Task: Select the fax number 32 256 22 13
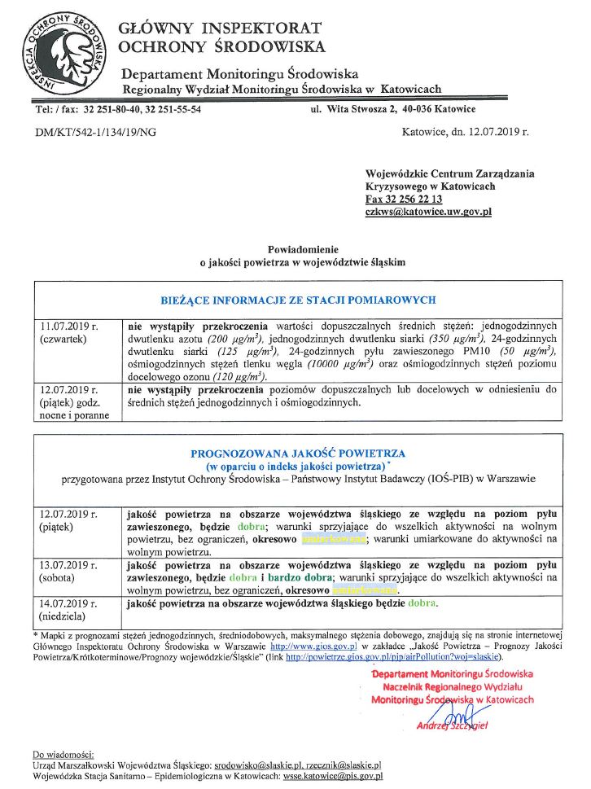415,199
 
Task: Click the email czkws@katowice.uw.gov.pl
428,212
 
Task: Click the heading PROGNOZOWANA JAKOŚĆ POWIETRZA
298,454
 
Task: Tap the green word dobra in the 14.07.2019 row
422,603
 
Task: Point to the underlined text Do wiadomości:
63,754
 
